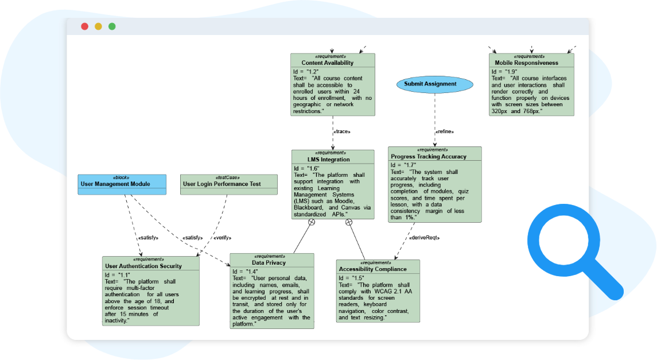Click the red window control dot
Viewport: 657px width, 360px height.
[x=85, y=26]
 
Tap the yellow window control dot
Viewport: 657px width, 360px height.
[x=98, y=26]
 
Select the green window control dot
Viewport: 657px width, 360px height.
[x=112, y=26]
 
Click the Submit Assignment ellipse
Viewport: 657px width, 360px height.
[x=434, y=84]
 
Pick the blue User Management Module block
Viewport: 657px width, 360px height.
[x=122, y=184]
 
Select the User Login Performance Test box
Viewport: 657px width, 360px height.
[x=228, y=184]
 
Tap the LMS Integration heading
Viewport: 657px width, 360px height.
[x=332, y=159]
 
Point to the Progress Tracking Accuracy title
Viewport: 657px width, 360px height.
[x=429, y=156]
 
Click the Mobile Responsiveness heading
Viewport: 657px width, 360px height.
[x=527, y=63]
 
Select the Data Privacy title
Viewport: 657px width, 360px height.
[x=272, y=262]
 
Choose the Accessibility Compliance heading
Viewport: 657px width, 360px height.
[x=372, y=269]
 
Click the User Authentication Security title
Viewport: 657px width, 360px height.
[x=143, y=266]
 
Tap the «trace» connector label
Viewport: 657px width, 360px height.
[x=341, y=131]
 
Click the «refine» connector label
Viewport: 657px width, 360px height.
[x=445, y=131]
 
